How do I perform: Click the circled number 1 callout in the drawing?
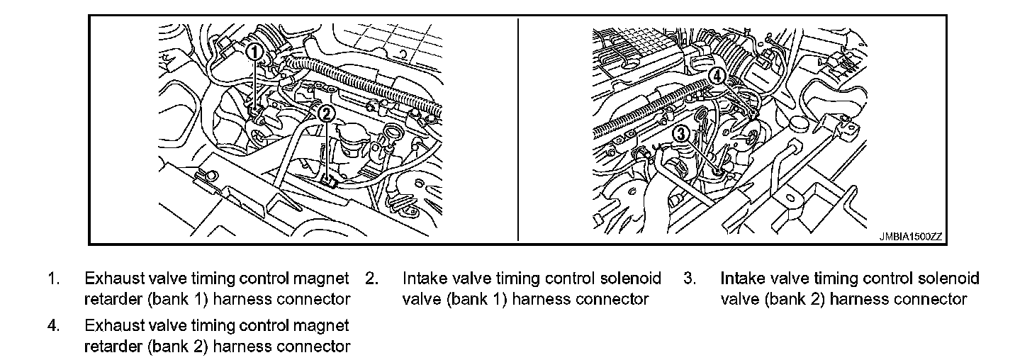(x=255, y=52)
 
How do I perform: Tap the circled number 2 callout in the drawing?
(x=326, y=113)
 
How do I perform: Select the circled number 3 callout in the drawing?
(x=681, y=133)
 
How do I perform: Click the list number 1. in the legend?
(x=53, y=279)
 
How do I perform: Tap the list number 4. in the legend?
(x=53, y=326)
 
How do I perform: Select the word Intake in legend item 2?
(x=422, y=279)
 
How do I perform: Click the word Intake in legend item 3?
(x=741, y=279)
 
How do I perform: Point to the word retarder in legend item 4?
(x=113, y=347)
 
